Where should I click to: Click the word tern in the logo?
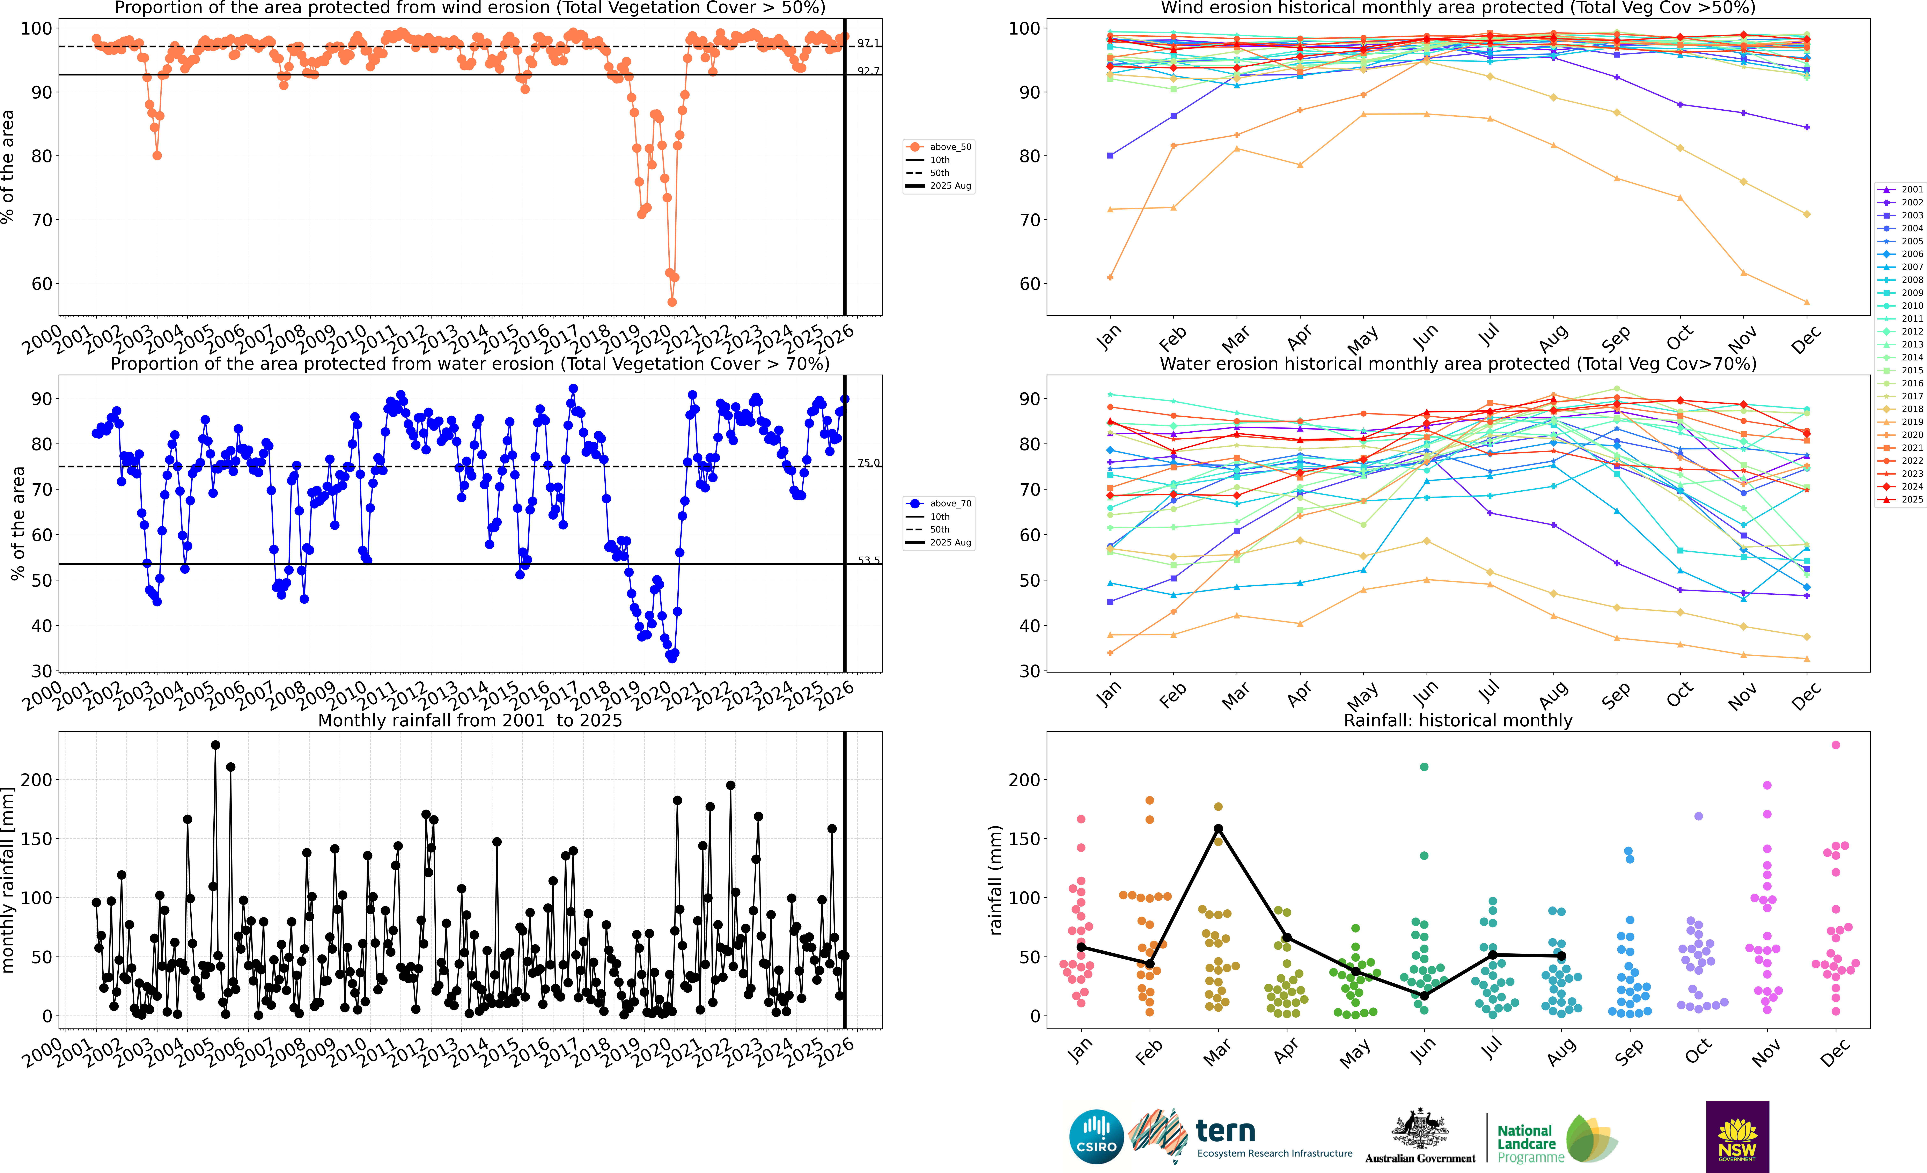pos(1226,1131)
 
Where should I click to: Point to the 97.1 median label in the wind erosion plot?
pos(868,43)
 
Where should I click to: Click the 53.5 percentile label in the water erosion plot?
pos(868,560)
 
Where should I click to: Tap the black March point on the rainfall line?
pos(1218,829)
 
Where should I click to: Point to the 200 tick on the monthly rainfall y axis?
pos(38,780)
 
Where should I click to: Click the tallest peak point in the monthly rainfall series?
pos(215,745)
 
